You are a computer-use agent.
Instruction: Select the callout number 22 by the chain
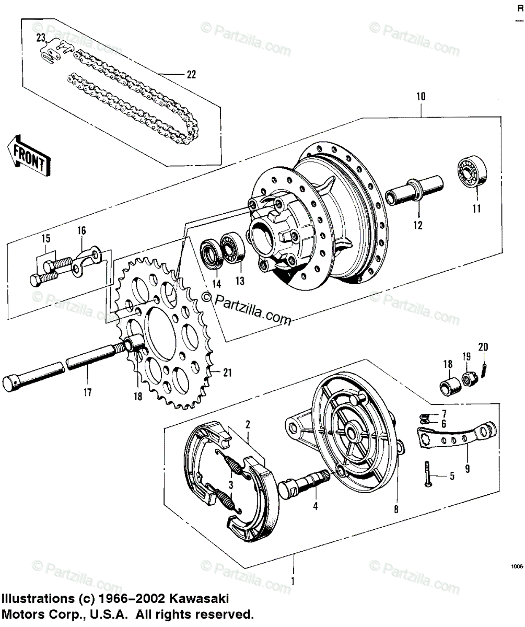[x=191, y=75]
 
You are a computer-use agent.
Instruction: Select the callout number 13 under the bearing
[x=239, y=281]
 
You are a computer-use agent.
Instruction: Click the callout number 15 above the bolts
[x=46, y=239]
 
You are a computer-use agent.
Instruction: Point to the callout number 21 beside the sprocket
[x=227, y=373]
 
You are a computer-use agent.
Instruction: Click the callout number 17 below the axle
[x=87, y=392]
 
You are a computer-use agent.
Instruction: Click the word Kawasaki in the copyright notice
[x=201, y=599]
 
